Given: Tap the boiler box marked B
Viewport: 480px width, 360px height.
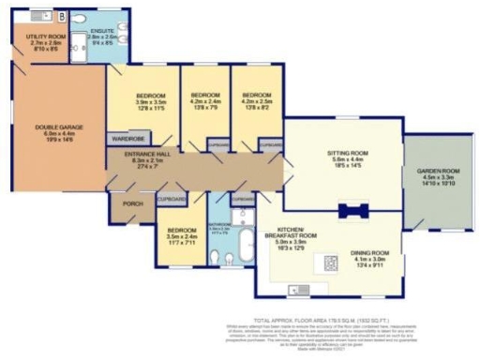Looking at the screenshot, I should (x=62, y=16).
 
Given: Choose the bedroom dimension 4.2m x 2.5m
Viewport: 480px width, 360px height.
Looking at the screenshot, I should (x=255, y=102).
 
